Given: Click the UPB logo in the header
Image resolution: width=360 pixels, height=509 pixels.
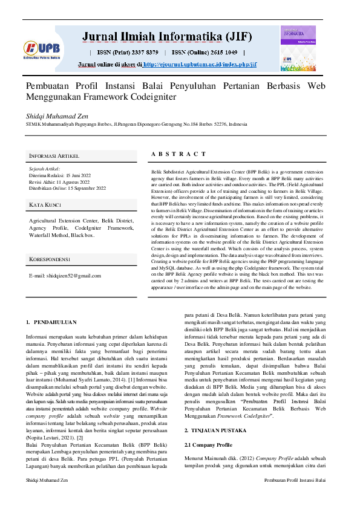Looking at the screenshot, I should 40,48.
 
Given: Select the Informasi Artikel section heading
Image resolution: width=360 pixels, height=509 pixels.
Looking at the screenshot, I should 54,156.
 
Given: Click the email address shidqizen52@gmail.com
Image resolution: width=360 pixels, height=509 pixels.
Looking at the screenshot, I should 65,276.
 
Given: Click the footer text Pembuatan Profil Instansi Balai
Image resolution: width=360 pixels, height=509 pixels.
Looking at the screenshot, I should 295,496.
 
